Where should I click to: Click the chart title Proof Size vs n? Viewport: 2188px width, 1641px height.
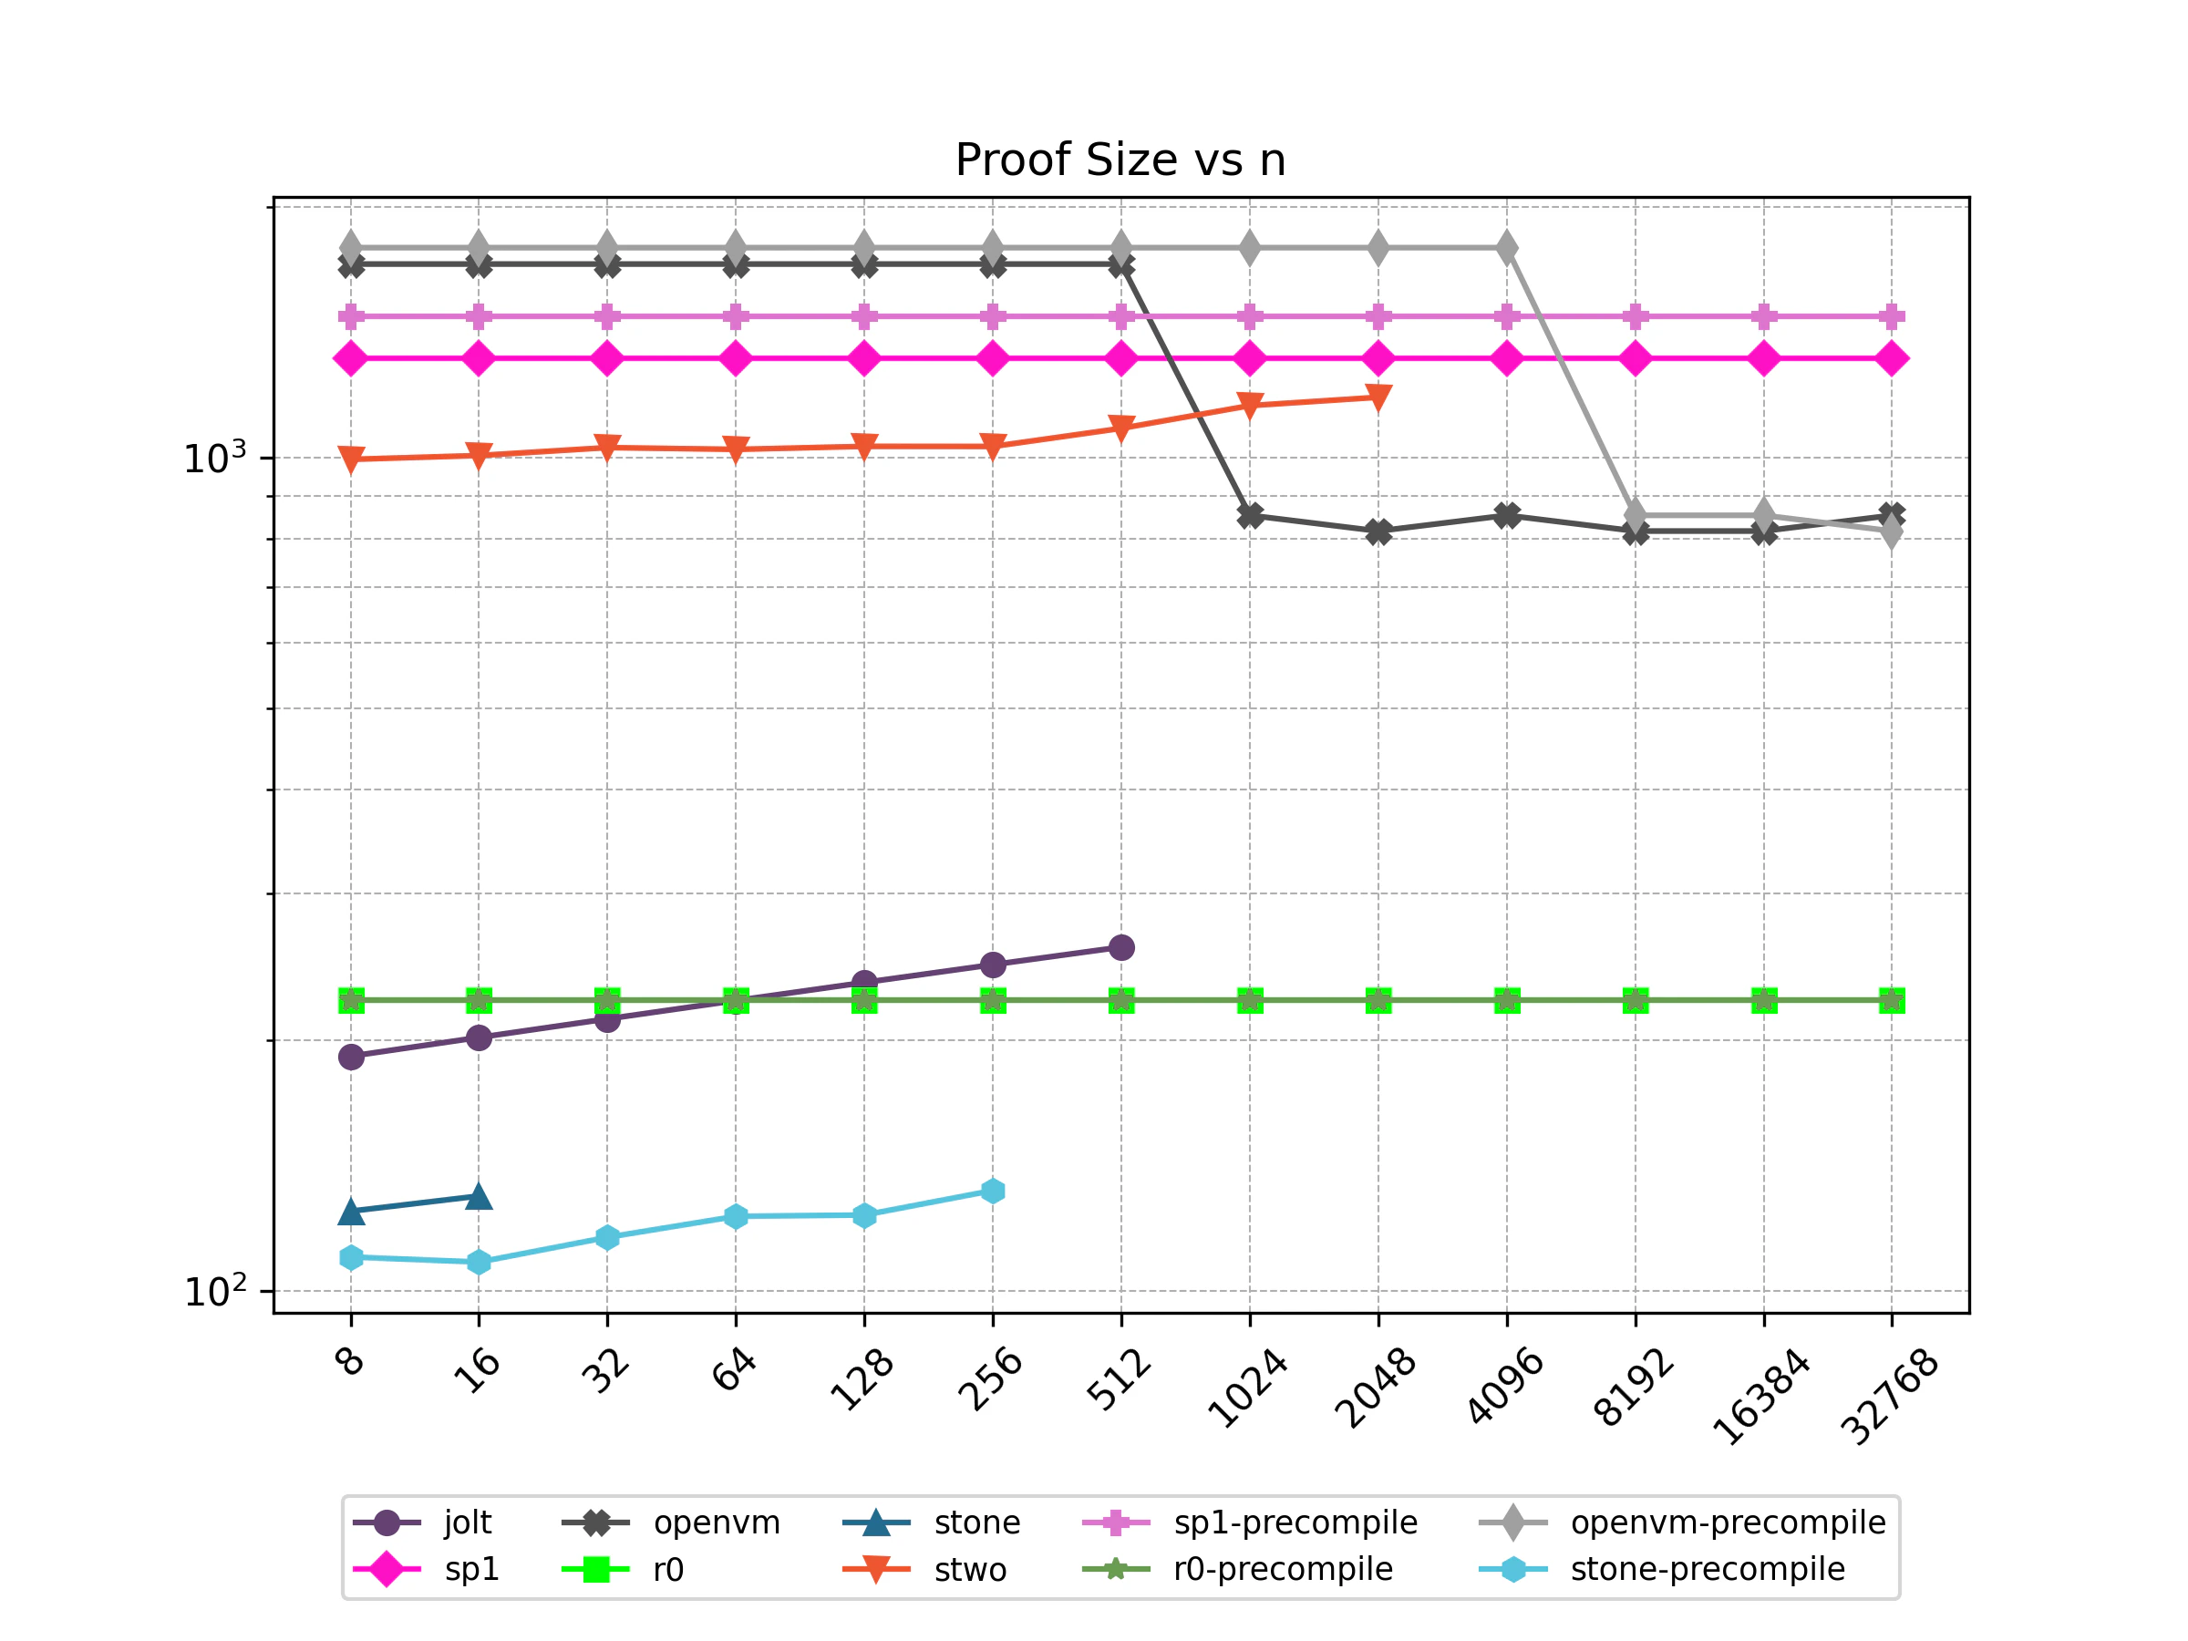click(1120, 160)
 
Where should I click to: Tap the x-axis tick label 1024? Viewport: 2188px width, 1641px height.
click(1247, 1388)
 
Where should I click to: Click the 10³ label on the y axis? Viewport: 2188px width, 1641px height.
click(214, 458)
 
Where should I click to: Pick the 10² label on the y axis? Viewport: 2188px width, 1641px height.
click(214, 1291)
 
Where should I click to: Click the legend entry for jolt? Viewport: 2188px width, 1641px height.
click(467, 1522)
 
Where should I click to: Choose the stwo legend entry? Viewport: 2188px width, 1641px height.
click(969, 1570)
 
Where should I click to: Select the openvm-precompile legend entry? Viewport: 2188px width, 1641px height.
click(1727, 1522)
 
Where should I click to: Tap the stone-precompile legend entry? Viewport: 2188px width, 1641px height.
click(1708, 1570)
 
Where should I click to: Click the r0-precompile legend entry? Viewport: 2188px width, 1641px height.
click(1283, 1570)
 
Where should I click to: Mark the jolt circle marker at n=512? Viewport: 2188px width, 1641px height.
click(1120, 947)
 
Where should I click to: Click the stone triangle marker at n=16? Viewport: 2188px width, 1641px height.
click(479, 1197)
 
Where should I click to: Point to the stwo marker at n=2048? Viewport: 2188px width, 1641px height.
click(1378, 397)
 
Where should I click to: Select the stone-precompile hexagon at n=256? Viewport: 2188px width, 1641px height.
click(993, 1191)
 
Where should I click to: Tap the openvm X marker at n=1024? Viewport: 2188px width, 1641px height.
click(1250, 515)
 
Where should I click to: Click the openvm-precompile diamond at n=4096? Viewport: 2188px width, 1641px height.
click(1506, 248)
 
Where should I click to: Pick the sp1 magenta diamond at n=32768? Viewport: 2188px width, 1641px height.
click(1892, 358)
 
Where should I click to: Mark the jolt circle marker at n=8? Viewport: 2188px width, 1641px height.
click(351, 1057)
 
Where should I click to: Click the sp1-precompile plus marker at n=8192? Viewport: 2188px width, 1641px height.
click(1635, 316)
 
